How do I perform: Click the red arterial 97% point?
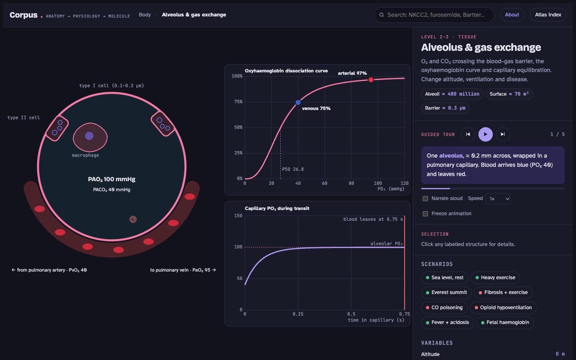tap(371, 80)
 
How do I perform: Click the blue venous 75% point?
tap(298, 102)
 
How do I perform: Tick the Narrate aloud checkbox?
tap(425, 198)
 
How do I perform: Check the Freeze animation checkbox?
tap(425, 214)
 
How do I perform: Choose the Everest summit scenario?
tap(446, 292)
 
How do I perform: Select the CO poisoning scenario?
tap(444, 308)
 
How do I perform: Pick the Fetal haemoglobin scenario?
tap(505, 322)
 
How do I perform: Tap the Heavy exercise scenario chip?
tap(495, 278)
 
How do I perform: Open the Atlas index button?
tap(548, 15)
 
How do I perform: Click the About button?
tap(512, 15)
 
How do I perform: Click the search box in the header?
tap(434, 15)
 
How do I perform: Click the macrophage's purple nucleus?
tap(89, 136)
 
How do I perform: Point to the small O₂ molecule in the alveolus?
tap(133, 219)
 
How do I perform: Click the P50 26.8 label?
tap(293, 169)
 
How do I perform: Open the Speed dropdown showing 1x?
tap(498, 199)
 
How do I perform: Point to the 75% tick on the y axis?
tap(238, 102)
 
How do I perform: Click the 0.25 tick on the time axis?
tap(298, 314)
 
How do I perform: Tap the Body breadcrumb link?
tap(145, 15)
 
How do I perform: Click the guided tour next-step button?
tap(503, 134)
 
